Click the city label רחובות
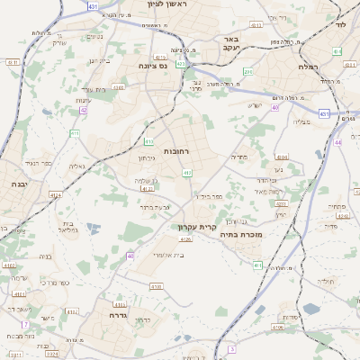176,151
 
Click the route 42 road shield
83,110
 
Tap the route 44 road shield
338,142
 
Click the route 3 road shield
231,349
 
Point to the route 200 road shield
249,71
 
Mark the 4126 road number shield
186,239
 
